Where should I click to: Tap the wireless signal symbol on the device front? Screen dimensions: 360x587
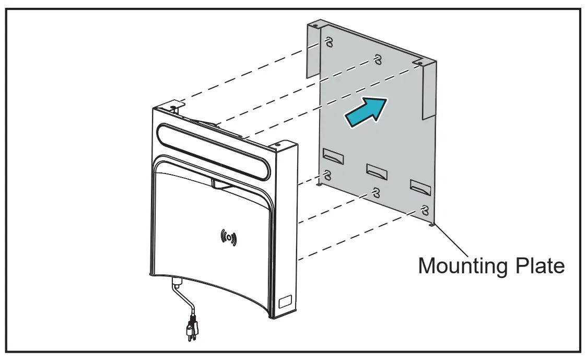pyautogui.click(x=228, y=238)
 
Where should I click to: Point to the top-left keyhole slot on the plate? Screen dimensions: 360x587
pyautogui.click(x=328, y=41)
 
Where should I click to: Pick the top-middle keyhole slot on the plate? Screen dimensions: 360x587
pyautogui.click(x=377, y=59)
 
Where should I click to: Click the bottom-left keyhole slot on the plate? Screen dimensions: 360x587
pyautogui.click(x=328, y=174)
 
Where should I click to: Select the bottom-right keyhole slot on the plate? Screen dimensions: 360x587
pyautogui.click(x=425, y=210)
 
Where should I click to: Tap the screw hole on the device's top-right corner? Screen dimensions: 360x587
pyautogui.click(x=277, y=144)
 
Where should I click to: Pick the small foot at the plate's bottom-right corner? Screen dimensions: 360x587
pyautogui.click(x=431, y=226)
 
